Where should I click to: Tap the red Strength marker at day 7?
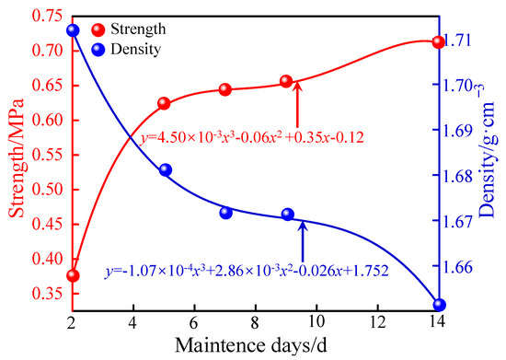[225, 89]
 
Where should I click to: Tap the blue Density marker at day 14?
[439, 305]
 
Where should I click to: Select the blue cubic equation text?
[246, 272]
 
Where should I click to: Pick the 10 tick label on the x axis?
[316, 323]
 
